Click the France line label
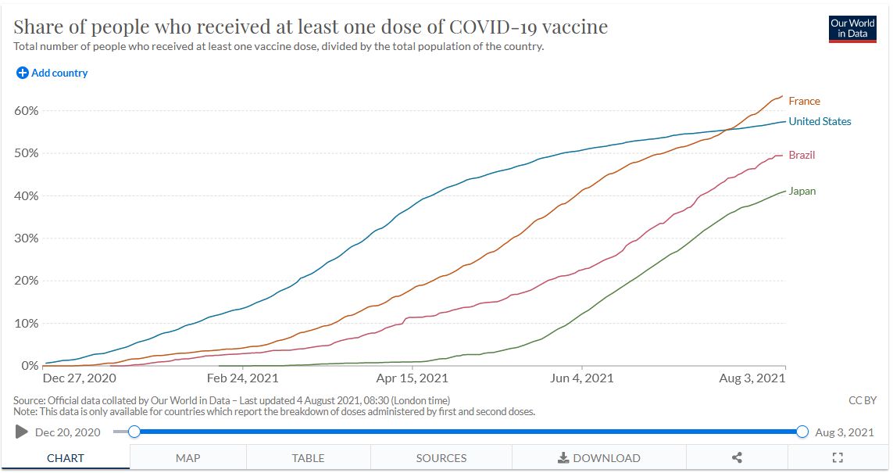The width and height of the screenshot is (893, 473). (x=804, y=101)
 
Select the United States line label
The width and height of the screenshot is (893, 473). (x=820, y=121)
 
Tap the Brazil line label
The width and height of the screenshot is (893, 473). (x=802, y=155)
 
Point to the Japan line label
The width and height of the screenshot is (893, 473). (x=802, y=191)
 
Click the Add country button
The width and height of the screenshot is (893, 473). (x=52, y=73)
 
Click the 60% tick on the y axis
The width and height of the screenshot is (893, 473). (x=27, y=110)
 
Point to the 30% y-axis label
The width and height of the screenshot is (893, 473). (x=27, y=238)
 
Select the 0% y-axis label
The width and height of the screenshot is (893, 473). (x=30, y=365)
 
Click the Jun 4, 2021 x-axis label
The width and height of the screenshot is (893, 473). (x=582, y=378)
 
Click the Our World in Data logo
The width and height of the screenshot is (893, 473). (x=852, y=29)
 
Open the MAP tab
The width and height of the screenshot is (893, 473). (x=188, y=458)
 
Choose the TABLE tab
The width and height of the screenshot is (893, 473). (x=308, y=458)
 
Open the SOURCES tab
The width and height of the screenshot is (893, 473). (x=441, y=458)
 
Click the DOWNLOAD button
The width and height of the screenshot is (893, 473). (x=598, y=458)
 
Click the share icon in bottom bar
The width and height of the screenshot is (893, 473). (x=737, y=458)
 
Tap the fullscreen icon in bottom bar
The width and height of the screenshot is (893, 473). (x=838, y=458)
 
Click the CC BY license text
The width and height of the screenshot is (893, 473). (x=863, y=400)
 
